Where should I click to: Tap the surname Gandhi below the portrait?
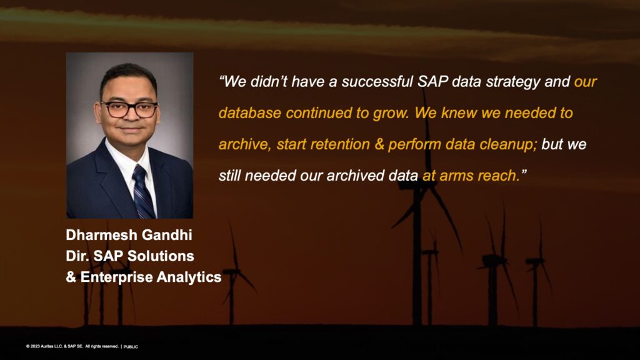coord(165,235)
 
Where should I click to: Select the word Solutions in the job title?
coord(161,256)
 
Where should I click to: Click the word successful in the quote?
coord(377,82)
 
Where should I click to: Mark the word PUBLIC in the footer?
coord(131,347)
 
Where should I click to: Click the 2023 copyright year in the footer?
coord(35,346)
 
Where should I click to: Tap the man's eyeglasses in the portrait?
coord(129,109)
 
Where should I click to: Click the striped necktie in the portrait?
coord(143,192)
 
